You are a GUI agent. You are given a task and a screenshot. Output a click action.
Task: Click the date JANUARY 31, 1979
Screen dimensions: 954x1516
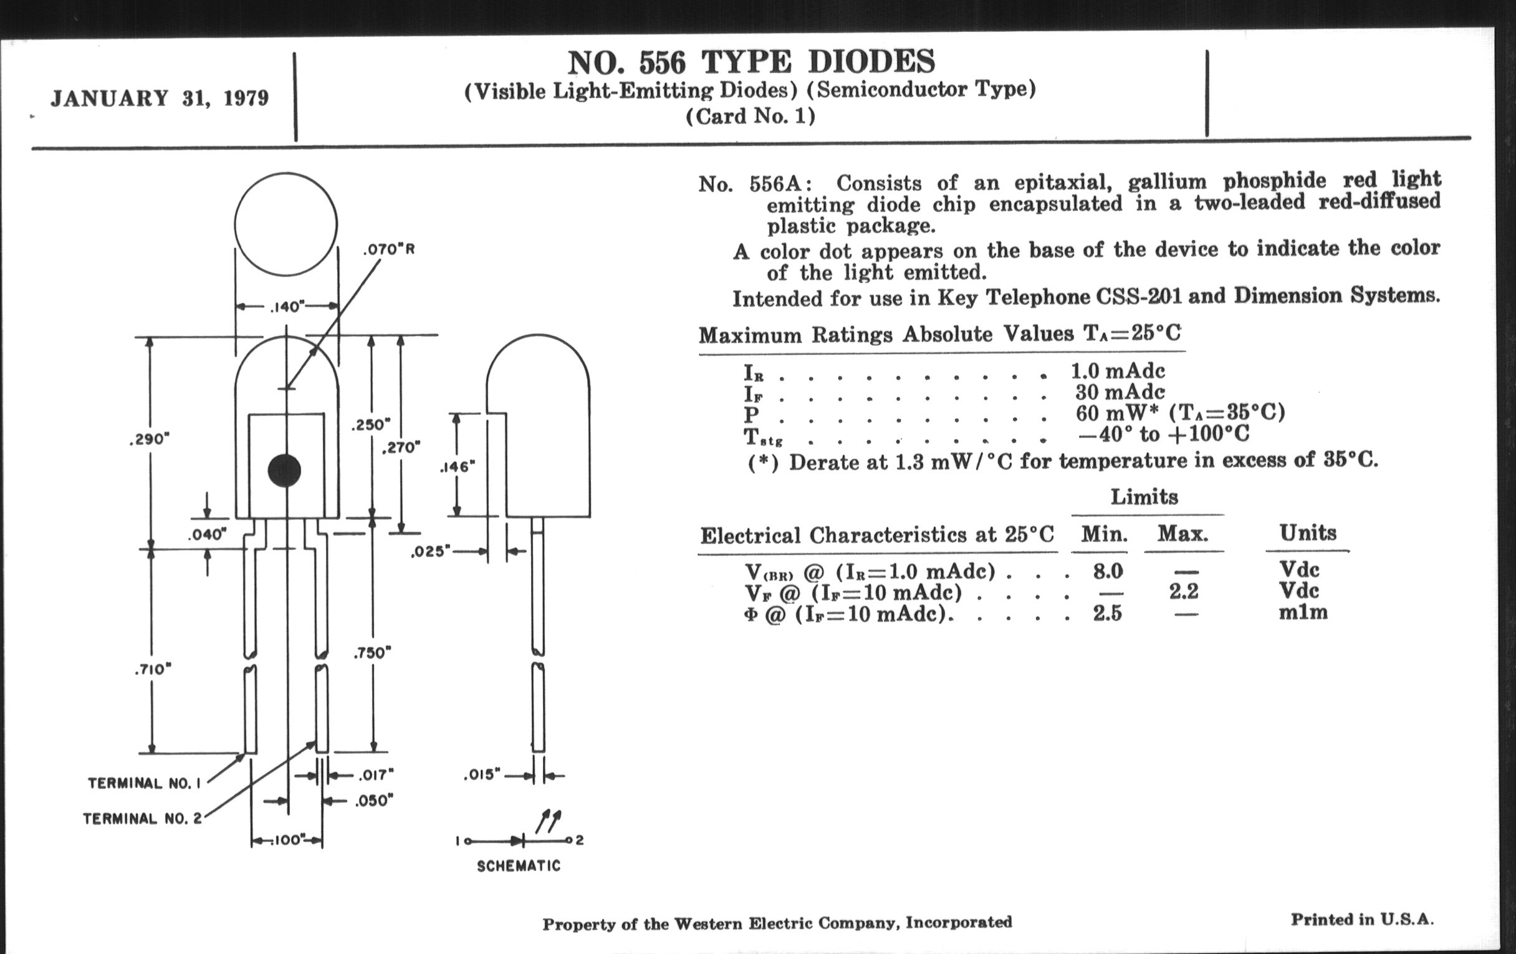[160, 99]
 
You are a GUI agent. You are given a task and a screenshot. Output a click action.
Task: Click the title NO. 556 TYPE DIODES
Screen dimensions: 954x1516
[751, 62]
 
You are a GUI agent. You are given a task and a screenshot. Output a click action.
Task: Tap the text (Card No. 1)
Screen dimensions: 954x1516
[751, 117]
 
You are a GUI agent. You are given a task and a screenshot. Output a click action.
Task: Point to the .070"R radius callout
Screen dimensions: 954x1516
[389, 249]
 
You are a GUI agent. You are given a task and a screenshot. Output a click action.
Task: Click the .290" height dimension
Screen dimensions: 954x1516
[149, 439]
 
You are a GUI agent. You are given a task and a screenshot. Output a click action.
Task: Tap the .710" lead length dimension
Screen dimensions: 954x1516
[152, 669]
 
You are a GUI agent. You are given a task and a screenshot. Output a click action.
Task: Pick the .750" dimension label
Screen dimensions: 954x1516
[372, 653]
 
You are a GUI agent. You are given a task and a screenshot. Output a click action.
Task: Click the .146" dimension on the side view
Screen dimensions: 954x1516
[457, 466]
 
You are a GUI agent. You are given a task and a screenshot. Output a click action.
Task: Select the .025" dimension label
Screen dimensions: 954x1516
[431, 552]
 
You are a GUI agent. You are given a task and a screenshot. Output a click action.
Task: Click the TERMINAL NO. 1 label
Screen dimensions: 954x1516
[144, 783]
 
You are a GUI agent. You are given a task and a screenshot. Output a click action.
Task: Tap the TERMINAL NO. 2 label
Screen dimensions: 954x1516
[142, 819]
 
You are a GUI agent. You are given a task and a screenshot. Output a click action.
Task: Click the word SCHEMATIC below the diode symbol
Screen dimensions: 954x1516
[518, 866]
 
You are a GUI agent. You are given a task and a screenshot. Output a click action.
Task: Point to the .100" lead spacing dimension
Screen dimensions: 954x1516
[287, 840]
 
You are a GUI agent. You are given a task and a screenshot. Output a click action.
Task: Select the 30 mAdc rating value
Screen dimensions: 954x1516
[1120, 392]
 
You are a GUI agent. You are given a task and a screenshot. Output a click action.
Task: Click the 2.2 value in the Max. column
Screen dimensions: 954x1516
[1183, 591]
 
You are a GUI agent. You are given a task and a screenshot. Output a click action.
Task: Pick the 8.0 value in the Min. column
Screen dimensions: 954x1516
[1108, 571]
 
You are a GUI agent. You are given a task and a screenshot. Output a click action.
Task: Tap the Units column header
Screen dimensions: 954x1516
[1307, 532]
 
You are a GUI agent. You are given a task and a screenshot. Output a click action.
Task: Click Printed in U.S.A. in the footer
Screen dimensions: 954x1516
[1362, 919]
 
